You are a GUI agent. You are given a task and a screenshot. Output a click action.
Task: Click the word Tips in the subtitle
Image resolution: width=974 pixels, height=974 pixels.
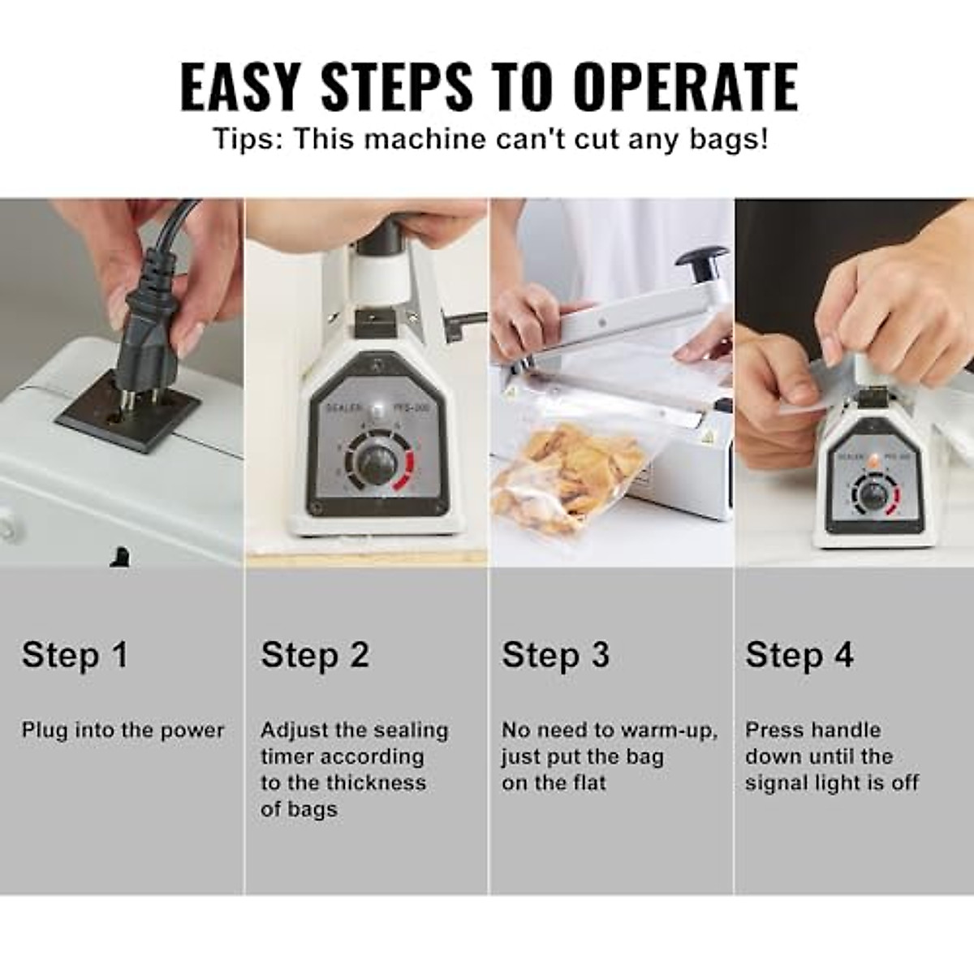point(247,139)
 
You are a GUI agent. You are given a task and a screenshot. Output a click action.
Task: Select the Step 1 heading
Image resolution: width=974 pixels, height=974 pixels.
point(75,654)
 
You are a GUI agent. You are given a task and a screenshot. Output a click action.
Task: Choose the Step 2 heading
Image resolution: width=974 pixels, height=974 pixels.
point(315,654)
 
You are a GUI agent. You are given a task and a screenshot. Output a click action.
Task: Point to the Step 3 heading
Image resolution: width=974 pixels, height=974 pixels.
point(555,654)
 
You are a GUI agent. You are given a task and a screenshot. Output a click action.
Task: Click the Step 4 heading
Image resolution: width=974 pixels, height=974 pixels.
point(799,654)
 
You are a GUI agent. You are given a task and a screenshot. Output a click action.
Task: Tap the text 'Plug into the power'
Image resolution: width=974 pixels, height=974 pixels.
point(123,730)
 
